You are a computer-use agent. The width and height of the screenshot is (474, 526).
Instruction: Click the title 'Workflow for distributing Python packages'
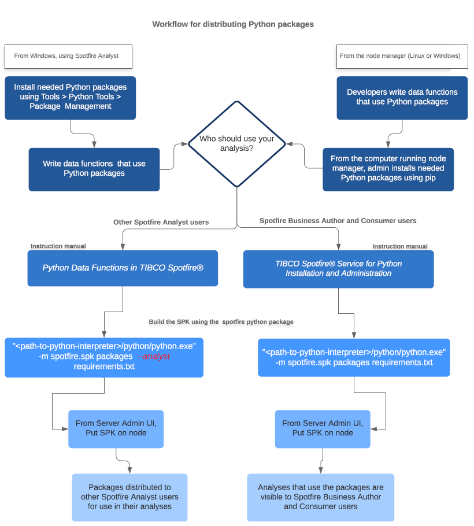coord(233,24)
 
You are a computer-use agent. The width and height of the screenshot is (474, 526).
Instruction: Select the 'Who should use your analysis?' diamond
coord(237,144)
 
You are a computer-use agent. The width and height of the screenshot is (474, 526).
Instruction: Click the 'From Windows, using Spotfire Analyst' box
coord(68,56)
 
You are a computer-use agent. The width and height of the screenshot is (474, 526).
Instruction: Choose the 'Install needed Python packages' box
coord(71,97)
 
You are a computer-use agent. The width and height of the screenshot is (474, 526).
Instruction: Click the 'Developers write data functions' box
coord(402,97)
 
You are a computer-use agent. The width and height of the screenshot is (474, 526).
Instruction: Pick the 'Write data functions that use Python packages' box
coord(94,169)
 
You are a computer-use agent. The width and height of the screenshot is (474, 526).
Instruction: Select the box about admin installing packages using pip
coord(388,169)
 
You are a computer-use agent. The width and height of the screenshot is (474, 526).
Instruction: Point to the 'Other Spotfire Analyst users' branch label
coord(161,222)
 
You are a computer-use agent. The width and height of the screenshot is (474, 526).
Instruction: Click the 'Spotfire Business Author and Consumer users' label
coord(338,221)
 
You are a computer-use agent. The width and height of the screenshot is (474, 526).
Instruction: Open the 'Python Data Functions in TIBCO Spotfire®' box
coord(123,268)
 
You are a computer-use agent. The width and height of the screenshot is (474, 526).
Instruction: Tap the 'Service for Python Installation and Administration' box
coord(338,268)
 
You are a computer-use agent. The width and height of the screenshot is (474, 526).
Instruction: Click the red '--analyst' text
coord(154,357)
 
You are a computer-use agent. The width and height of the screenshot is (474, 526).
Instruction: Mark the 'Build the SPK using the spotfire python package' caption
coord(221,321)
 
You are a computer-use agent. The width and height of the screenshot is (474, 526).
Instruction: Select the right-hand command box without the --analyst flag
coord(354,357)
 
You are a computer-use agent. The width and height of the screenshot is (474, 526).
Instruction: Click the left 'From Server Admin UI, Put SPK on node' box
coord(116,428)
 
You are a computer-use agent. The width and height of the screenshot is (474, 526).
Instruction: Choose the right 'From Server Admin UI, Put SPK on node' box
coord(323,428)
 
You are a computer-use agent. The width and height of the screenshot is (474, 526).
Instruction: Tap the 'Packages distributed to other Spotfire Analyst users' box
coord(129,497)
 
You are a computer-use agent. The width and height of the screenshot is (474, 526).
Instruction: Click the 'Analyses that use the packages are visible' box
coord(320,497)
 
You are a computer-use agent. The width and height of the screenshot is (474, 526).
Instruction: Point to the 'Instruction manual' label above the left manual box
coord(58,246)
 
